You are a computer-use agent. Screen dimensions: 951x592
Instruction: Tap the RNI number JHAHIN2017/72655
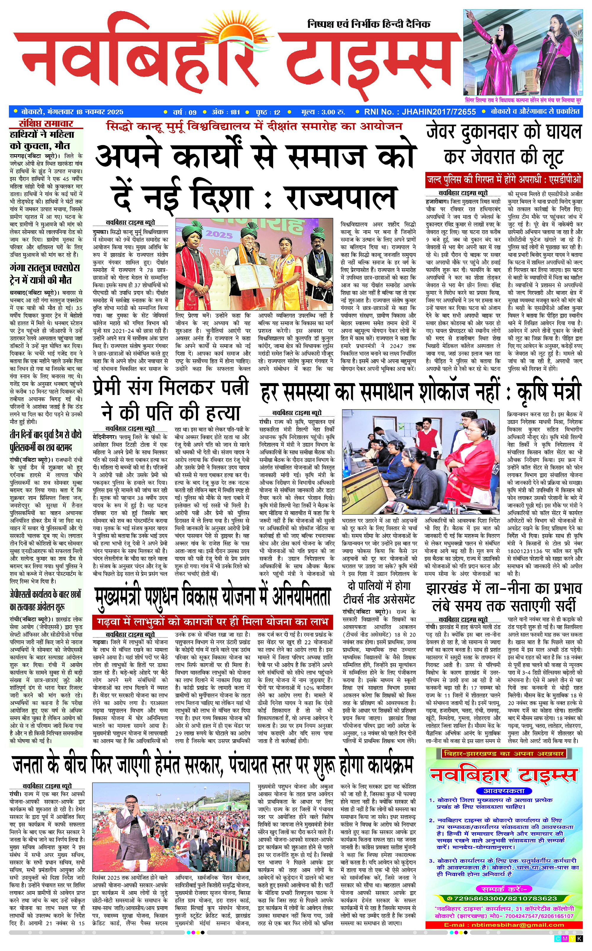(420, 112)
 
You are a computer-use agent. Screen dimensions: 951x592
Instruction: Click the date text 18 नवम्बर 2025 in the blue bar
(99, 112)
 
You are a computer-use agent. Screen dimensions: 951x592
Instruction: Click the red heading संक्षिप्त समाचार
(46, 124)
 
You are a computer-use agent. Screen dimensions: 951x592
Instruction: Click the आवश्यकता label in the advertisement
(504, 791)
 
